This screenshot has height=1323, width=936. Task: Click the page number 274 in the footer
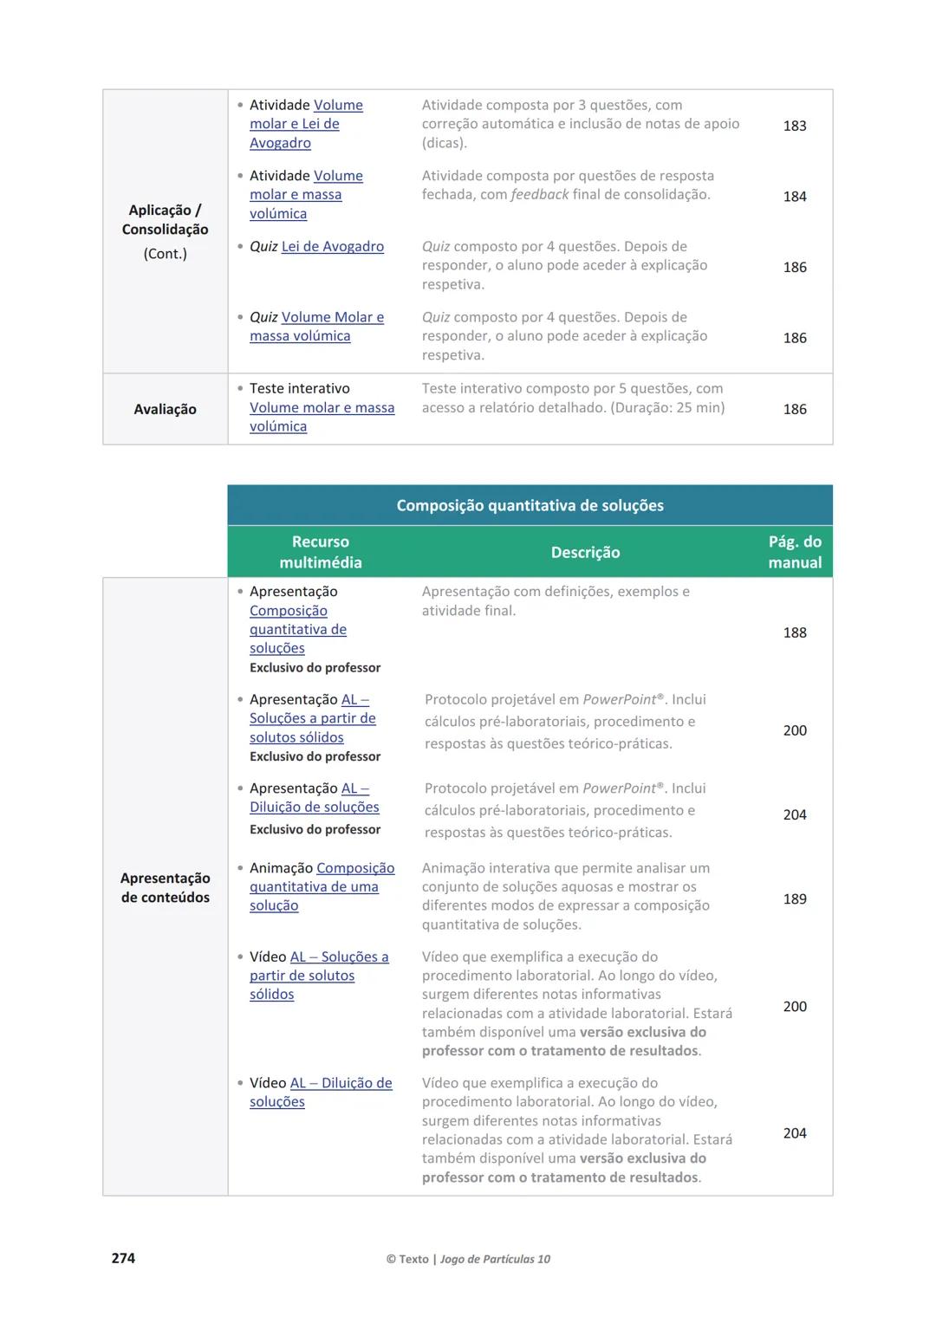[x=123, y=1258]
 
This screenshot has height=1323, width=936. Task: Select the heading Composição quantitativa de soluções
[x=530, y=505]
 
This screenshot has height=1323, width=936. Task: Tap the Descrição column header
[x=585, y=552]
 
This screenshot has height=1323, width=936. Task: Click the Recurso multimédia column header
[x=320, y=552]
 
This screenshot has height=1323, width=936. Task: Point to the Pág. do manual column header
[x=794, y=552]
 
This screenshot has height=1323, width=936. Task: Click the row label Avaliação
[x=165, y=409]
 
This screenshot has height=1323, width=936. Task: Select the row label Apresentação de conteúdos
[x=165, y=887]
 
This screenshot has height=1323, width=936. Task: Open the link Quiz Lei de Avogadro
[x=332, y=247]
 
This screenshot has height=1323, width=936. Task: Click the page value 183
[x=794, y=126]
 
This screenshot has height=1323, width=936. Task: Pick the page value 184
[x=794, y=197]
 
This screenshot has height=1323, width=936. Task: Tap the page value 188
[x=794, y=632]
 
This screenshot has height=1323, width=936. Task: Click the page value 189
[x=794, y=898]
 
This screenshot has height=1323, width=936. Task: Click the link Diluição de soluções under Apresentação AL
[x=314, y=807]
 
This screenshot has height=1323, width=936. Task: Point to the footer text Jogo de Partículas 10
[x=495, y=1259]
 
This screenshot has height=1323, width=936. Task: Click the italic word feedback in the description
[x=539, y=195]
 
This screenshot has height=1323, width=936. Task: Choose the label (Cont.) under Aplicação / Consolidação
[x=165, y=254]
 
